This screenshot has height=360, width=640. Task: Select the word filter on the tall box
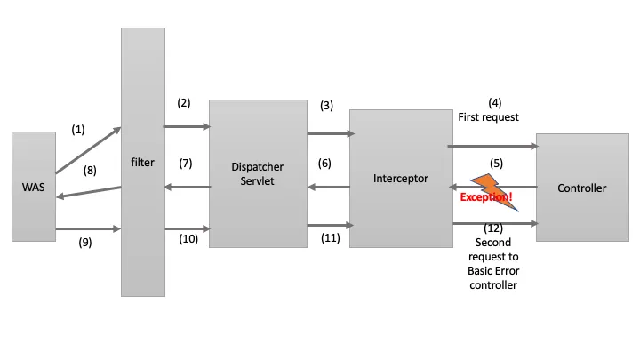pos(142,163)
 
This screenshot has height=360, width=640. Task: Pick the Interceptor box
pos(401,178)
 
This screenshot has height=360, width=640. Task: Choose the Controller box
pos(581,188)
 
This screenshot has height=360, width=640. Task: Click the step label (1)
pos(78,129)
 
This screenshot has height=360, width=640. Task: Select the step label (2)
pos(184,102)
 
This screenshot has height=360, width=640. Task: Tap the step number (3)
pos(326,105)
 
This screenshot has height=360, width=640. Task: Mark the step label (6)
pos(325,164)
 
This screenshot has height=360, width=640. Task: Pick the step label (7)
pos(185,164)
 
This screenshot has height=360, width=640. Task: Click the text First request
pos(488,116)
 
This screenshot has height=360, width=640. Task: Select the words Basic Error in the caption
pos(494,272)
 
